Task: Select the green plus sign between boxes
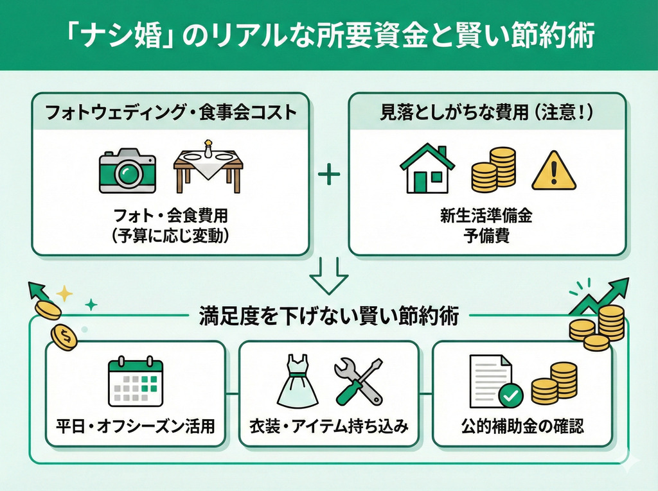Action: [328, 174]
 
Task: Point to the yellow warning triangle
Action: [553, 171]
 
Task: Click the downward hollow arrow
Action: [328, 275]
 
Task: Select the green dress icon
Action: [297, 383]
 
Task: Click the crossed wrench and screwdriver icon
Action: [359, 381]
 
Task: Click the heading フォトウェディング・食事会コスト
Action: [170, 114]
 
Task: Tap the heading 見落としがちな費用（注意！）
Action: [487, 114]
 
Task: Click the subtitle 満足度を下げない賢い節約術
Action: [329, 316]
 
